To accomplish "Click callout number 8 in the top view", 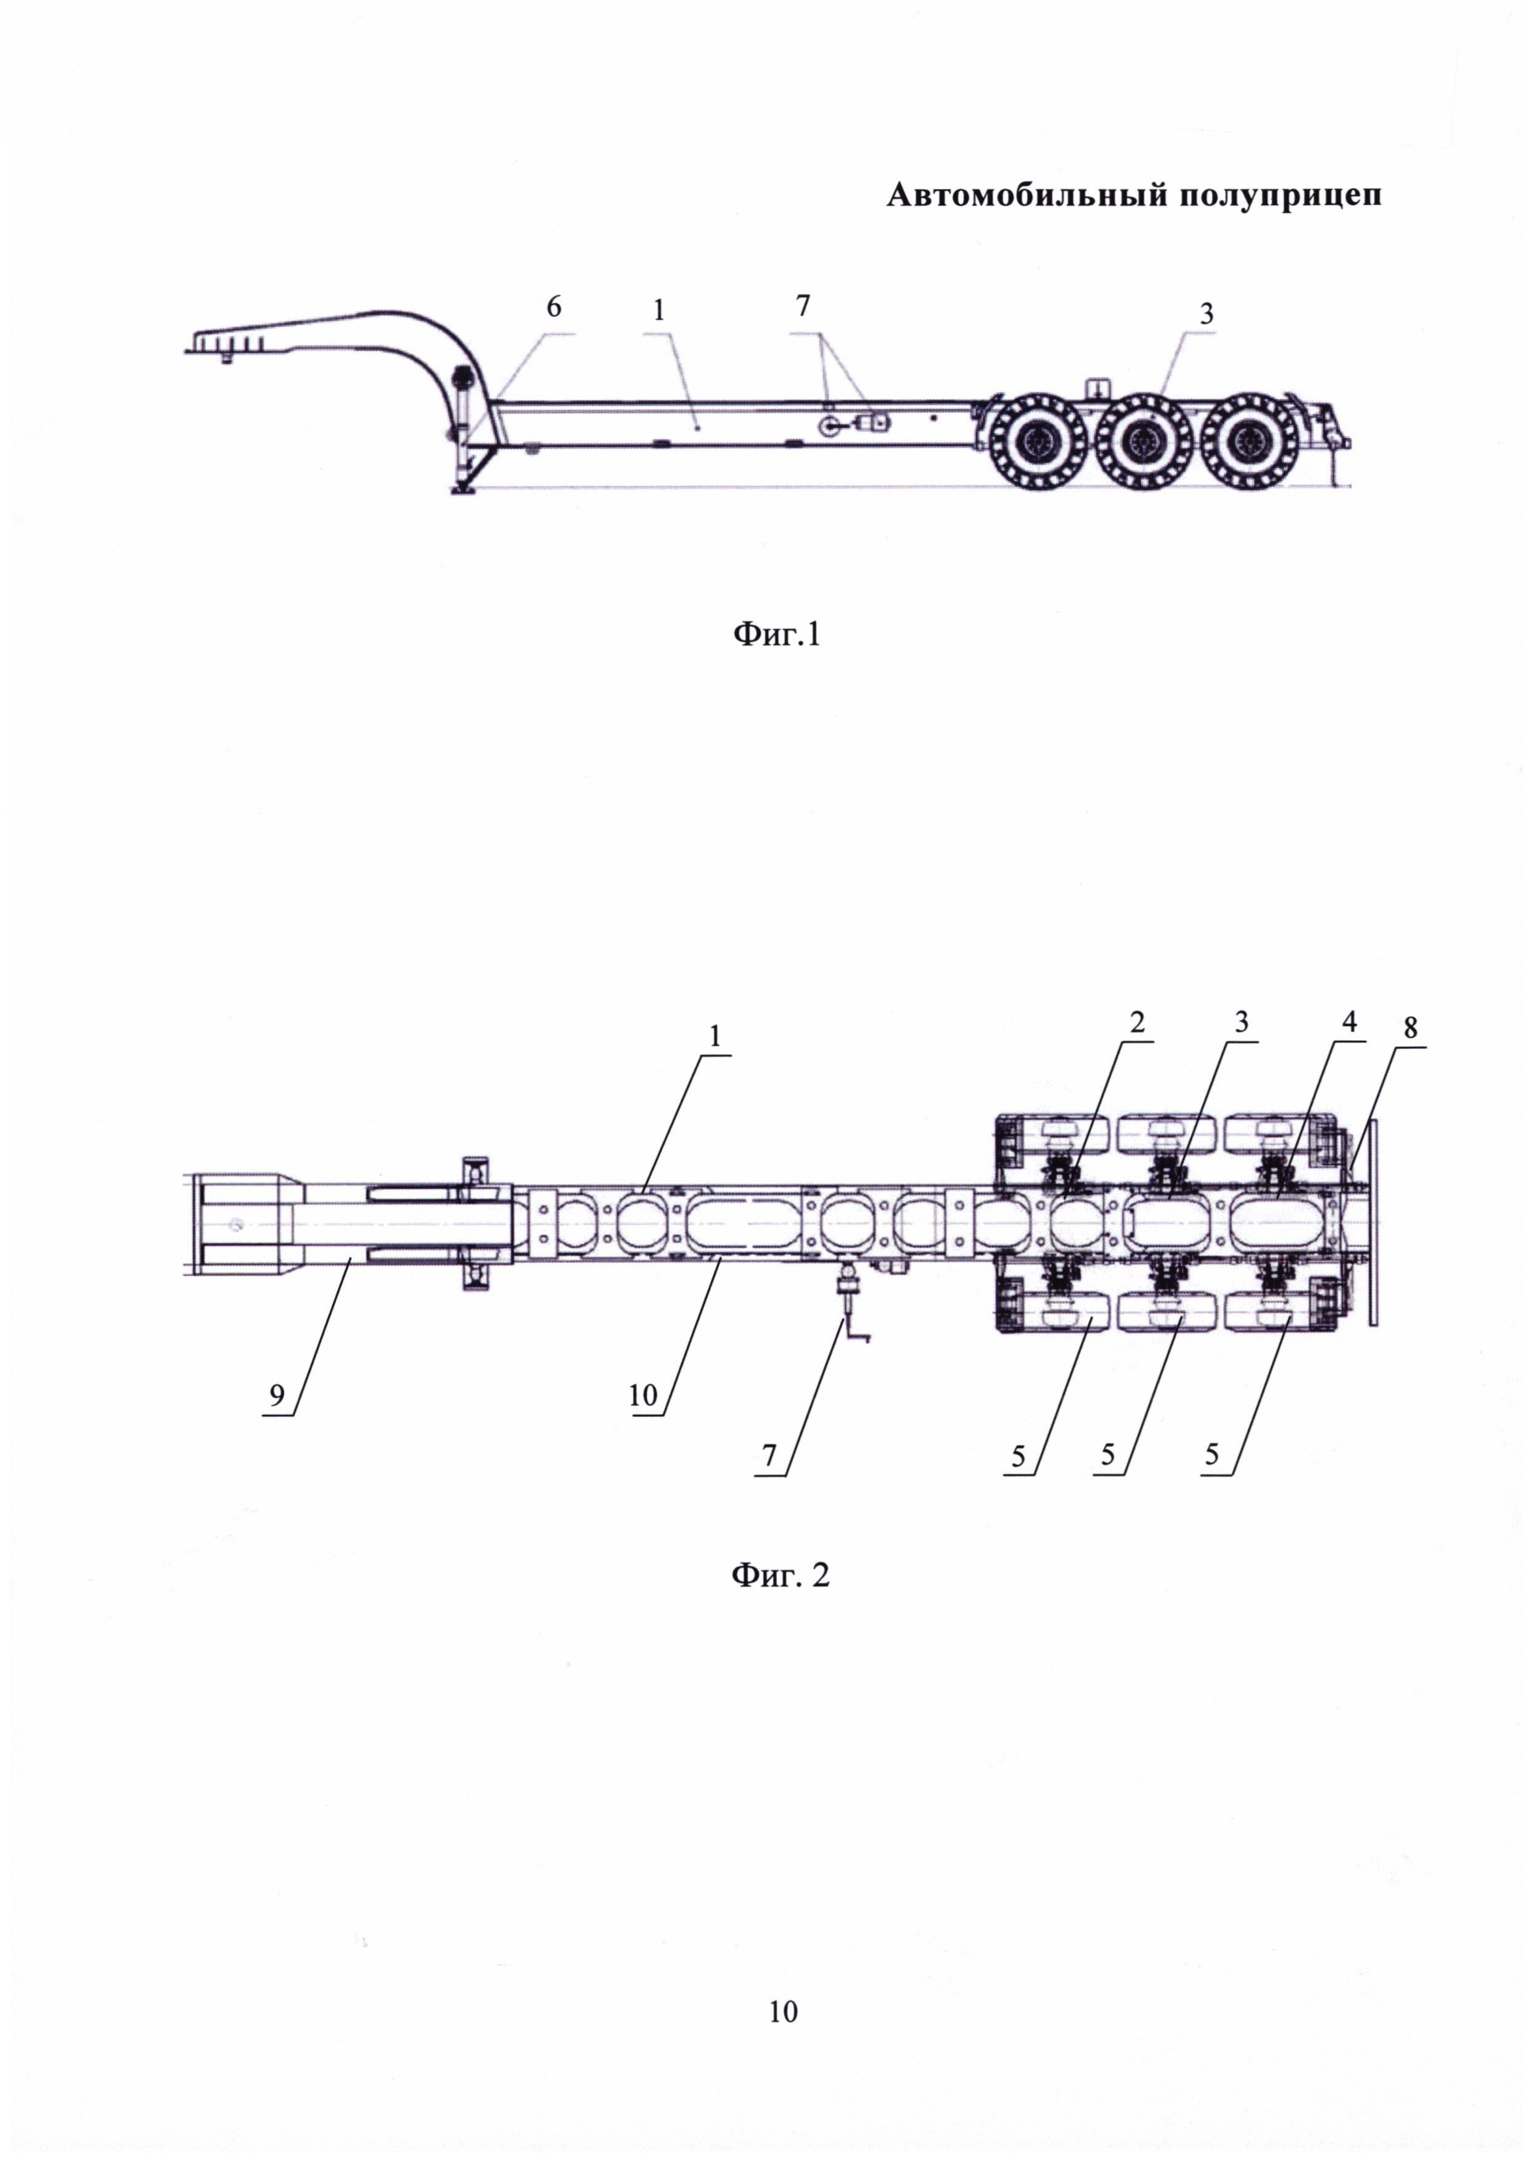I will point(1409,1028).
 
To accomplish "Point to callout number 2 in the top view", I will point(1138,1022).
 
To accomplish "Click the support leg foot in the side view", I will point(463,488).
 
